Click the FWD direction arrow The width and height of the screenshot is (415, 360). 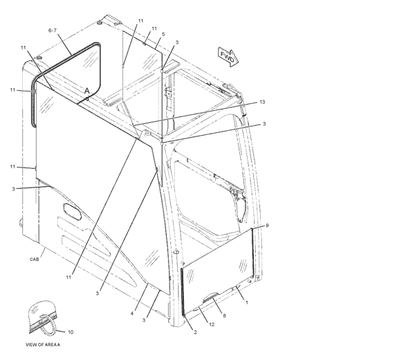[228, 57]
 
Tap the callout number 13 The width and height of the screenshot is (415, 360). [262, 102]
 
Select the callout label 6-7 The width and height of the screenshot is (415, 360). [53, 30]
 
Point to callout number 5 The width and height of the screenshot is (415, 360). [163, 34]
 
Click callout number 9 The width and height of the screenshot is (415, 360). [267, 226]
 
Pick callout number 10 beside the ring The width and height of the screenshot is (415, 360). [71, 332]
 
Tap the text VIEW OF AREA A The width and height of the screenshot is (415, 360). [43, 345]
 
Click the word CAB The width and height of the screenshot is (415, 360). [34, 260]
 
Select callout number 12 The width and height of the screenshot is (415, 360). [212, 325]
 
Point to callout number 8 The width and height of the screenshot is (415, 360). [224, 316]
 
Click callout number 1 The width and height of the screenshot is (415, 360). [247, 303]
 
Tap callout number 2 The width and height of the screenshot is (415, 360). [195, 332]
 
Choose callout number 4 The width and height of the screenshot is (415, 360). [132, 314]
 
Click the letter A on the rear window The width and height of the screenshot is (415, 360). [87, 91]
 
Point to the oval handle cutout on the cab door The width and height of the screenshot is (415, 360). [72, 211]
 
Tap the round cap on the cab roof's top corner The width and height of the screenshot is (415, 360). [100, 23]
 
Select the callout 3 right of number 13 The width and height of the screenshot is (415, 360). [264, 124]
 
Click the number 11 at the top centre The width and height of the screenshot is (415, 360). [141, 21]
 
